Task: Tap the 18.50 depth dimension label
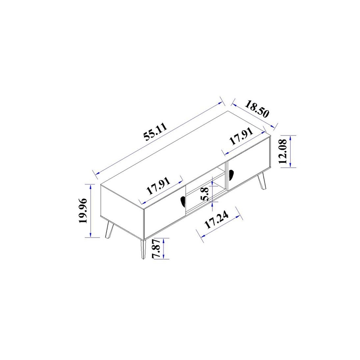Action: pyautogui.click(x=256, y=109)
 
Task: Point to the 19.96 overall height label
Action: pyautogui.click(x=83, y=211)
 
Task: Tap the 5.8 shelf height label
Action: pyautogui.click(x=205, y=194)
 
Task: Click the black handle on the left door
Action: pyautogui.click(x=183, y=202)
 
